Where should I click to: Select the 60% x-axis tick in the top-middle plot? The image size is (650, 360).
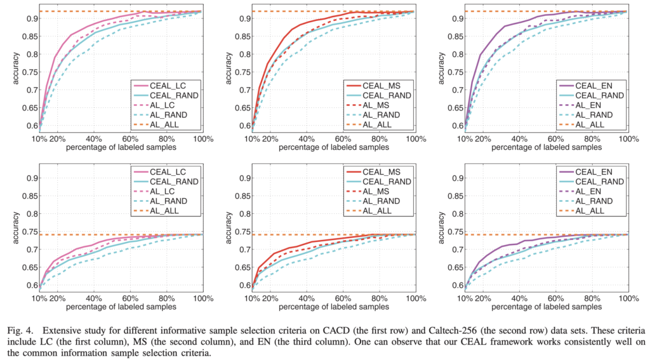coord(343,138)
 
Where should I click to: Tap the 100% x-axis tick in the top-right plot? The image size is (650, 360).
coord(627,138)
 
